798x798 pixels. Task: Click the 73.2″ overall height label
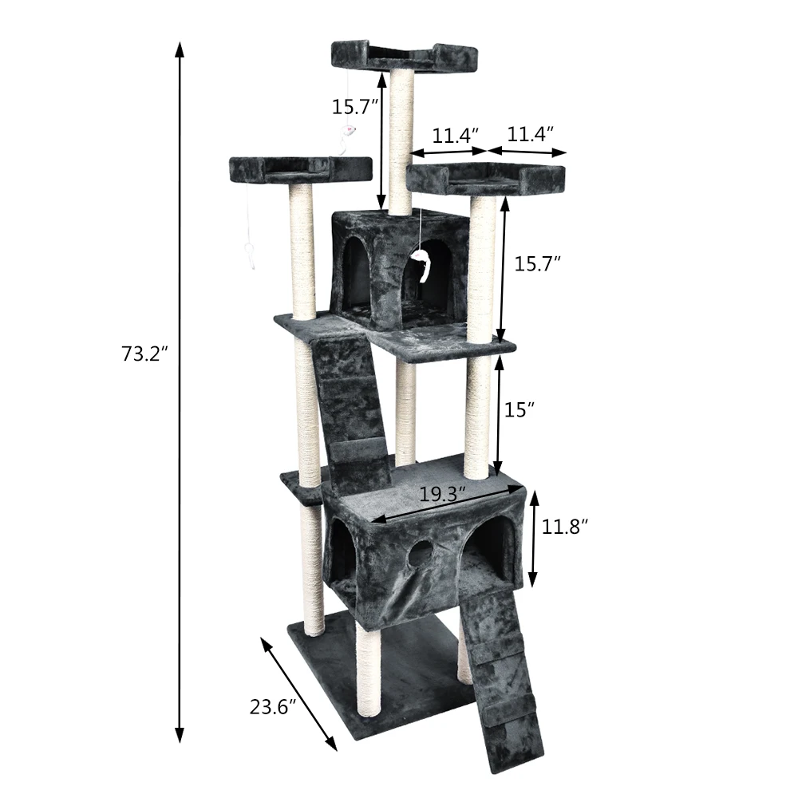[144, 354]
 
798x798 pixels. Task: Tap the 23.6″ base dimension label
[273, 707]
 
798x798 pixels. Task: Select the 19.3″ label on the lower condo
[443, 494]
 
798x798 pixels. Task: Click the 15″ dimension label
[519, 409]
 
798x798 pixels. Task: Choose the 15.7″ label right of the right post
[537, 263]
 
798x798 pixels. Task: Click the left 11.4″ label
[456, 136]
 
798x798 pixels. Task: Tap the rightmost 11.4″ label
[531, 134]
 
